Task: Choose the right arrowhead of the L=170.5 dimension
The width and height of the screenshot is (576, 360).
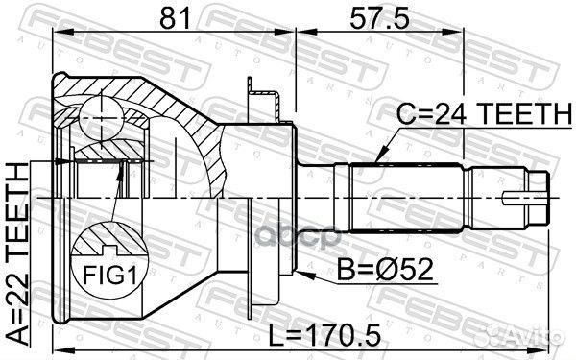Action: [x=546, y=348]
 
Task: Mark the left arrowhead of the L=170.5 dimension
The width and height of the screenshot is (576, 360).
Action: [x=58, y=348]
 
